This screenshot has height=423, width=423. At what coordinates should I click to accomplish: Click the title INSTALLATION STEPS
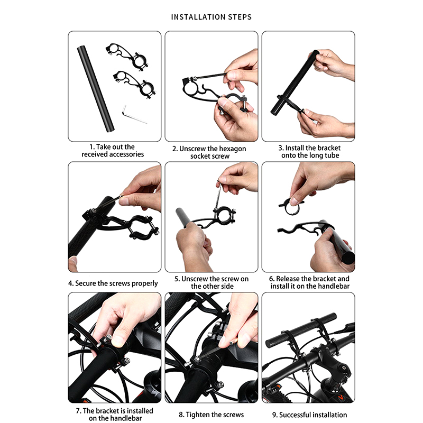click(211, 17)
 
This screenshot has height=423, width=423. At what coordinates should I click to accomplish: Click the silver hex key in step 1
click(134, 115)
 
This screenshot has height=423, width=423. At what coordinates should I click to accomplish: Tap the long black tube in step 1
click(96, 89)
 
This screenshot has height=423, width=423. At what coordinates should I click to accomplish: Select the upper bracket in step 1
click(127, 57)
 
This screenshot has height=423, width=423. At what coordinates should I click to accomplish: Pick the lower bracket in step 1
click(134, 85)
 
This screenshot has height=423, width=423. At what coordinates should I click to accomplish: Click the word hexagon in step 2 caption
click(232, 149)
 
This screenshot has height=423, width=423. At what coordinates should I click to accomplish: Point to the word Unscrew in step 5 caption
click(194, 279)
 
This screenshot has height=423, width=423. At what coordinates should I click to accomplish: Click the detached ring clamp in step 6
click(291, 206)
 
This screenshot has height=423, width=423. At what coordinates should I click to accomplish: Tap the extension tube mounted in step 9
click(301, 330)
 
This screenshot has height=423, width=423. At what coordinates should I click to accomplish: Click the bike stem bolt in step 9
click(344, 367)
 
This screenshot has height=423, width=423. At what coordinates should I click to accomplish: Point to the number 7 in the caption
click(78, 411)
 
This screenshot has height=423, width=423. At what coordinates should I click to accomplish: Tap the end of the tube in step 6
click(348, 258)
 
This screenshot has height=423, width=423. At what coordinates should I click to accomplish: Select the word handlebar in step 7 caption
click(126, 418)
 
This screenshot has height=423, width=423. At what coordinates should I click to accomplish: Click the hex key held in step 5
click(218, 195)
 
